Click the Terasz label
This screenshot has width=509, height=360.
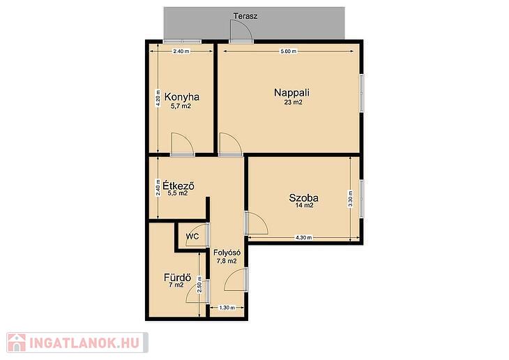pos(245,15)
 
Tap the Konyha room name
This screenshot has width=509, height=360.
pos(182,97)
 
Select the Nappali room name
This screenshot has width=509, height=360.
pos(292,93)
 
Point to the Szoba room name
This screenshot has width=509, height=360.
pos(303,197)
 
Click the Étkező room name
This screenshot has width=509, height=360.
pos(178,186)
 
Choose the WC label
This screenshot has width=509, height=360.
pos(192,237)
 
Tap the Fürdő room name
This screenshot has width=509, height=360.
pos(177,278)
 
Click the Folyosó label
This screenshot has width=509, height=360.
pos(227,253)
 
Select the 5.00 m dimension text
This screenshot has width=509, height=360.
pos(288,52)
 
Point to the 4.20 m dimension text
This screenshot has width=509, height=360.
pos(158,98)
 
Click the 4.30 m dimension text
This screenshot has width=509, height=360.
pos(303,237)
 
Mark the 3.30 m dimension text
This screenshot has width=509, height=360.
pos(350,199)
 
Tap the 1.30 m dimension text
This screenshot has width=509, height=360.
pos(227,308)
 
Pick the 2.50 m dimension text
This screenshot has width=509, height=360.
pos(199,285)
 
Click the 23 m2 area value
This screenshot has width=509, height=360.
pos(293,102)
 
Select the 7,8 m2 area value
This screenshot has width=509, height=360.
pos(227,260)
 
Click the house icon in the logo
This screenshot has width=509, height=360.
pos(16,343)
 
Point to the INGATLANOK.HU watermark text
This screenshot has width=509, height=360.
pos(84,343)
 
